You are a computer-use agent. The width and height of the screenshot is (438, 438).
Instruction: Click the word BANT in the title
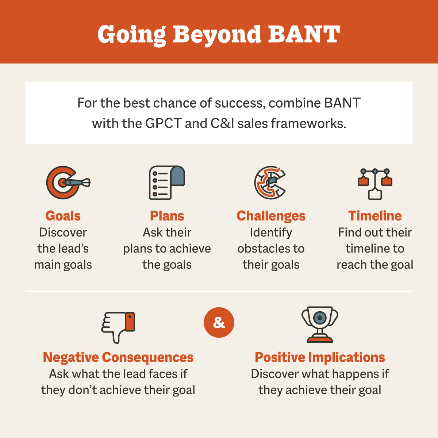(304, 34)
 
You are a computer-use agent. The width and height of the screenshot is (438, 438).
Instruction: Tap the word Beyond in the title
(217, 35)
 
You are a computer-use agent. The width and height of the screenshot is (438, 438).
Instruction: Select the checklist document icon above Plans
(167, 182)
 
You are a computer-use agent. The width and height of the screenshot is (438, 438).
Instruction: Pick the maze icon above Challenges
(270, 182)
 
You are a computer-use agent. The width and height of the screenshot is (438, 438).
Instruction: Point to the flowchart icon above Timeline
(375, 184)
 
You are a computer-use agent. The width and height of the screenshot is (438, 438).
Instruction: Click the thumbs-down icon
(118, 327)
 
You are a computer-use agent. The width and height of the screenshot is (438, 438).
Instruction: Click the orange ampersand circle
(219, 323)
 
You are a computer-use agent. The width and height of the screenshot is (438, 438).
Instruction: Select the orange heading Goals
(63, 216)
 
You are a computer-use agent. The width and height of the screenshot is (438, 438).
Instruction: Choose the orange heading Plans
(167, 216)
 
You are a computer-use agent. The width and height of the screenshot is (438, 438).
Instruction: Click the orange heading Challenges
(271, 216)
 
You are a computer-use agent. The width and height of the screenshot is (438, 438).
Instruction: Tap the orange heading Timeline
(375, 216)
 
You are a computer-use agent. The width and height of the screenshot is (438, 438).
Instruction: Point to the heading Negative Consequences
(118, 357)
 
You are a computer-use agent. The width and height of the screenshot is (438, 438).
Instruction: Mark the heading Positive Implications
(320, 357)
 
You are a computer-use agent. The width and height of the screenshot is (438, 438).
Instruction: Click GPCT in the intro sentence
(163, 123)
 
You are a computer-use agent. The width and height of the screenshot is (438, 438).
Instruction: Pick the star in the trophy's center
(320, 318)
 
